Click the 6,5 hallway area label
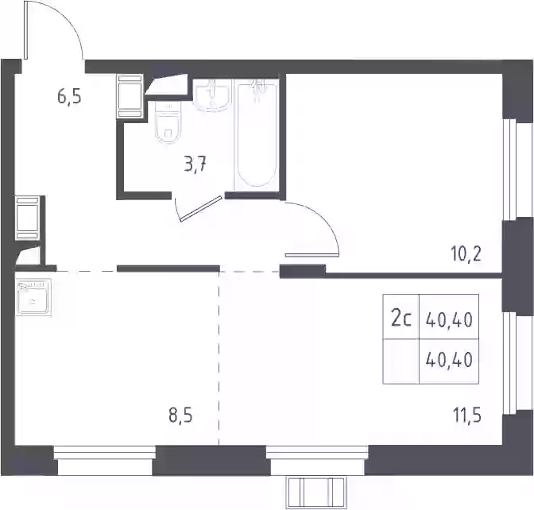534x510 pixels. click(x=69, y=97)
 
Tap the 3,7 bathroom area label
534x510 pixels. click(x=195, y=165)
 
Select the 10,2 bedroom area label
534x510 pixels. click(x=466, y=253)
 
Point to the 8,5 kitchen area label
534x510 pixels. click(x=180, y=416)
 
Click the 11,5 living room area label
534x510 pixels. click(x=467, y=415)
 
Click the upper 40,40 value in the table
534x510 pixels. click(x=449, y=320)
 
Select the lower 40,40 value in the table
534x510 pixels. click(x=449, y=360)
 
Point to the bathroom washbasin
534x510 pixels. click(x=212, y=95)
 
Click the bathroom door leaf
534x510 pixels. click(x=202, y=209)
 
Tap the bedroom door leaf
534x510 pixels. click(x=311, y=255)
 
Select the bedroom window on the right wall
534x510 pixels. click(x=518, y=170)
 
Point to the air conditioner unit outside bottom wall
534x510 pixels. click(x=315, y=493)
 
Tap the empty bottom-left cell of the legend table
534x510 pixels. click(x=400, y=361)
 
